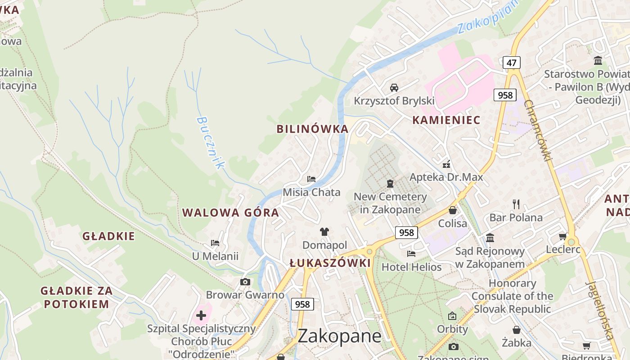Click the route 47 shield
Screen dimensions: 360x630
click(511, 63)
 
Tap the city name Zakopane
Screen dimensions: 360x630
click(339, 336)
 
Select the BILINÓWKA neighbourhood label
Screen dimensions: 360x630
click(312, 129)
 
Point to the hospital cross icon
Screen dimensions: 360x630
click(201, 315)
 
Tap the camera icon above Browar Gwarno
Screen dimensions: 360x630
click(245, 282)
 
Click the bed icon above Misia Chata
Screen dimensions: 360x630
click(311, 179)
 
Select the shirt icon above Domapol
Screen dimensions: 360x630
click(324, 232)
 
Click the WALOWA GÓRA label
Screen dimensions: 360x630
click(230, 213)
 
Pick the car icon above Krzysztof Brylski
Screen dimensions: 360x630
click(394, 87)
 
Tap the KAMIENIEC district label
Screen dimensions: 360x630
click(446, 120)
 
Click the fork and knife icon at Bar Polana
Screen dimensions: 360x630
click(516, 204)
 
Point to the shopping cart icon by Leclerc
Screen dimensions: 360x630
click(562, 236)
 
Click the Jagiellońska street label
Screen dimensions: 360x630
click(600, 310)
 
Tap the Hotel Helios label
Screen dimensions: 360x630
click(411, 267)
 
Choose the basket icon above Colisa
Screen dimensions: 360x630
click(453, 210)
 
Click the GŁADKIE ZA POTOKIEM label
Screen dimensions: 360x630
click(76, 297)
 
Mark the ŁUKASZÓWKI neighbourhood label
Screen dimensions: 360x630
click(330, 263)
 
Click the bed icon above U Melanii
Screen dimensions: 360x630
click(215, 243)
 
